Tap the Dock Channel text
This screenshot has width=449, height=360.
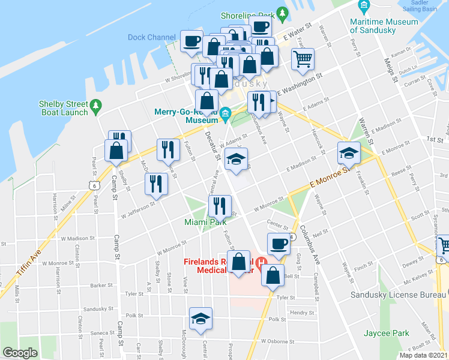[x=152, y=37]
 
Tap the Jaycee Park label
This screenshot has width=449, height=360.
[x=386, y=333]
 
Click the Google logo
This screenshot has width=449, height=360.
[x=20, y=353]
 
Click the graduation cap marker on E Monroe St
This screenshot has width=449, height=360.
[x=349, y=152]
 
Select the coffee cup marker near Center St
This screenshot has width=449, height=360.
[x=277, y=244]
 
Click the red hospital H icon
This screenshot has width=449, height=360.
[x=261, y=262]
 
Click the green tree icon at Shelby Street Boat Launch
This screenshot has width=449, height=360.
[x=95, y=107]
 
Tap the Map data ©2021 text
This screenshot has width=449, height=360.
[x=423, y=355]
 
